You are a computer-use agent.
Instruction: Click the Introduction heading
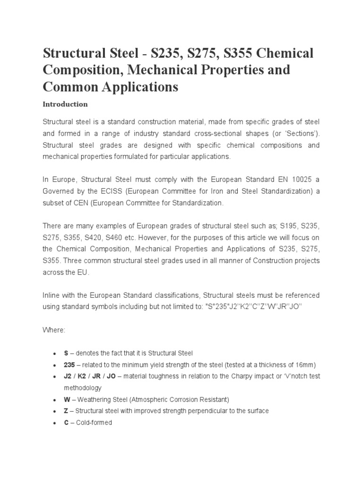65,104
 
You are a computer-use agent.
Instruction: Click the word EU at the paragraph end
82,272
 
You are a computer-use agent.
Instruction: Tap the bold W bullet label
67,399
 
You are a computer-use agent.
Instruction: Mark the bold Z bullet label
66,411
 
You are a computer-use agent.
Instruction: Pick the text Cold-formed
94,423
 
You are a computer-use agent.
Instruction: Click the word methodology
83,388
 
